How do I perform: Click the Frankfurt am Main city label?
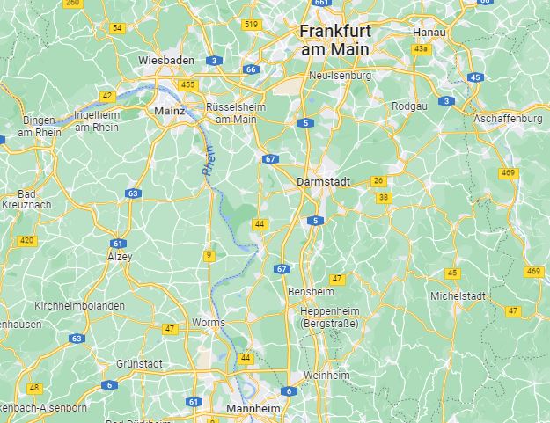click(x=335, y=40)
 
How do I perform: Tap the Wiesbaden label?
click(x=166, y=60)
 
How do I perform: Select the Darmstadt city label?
click(x=325, y=181)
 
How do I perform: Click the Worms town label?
click(x=209, y=323)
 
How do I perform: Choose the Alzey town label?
click(x=119, y=257)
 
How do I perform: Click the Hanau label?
click(x=429, y=33)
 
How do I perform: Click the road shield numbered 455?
click(x=187, y=84)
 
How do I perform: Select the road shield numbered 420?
click(x=27, y=240)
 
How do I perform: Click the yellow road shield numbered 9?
click(x=209, y=255)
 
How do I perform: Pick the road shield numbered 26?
click(x=378, y=181)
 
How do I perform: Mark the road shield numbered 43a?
click(x=421, y=49)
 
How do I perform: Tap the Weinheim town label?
click(x=326, y=376)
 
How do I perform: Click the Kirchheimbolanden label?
click(x=79, y=306)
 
